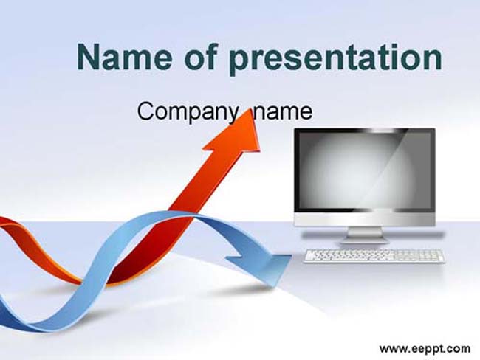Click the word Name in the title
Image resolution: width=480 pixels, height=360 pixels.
(123, 58)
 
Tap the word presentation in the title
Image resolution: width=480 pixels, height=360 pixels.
(336, 59)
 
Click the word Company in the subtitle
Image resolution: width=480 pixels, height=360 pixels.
(188, 112)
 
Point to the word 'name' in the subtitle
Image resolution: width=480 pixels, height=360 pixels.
(283, 113)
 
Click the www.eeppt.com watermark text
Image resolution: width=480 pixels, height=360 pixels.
(425, 349)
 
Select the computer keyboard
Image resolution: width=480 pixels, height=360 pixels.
(375, 256)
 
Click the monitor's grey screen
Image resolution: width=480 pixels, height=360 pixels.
(365, 170)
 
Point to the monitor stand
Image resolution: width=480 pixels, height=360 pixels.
(365, 235)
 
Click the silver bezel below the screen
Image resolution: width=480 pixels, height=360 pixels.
(364, 219)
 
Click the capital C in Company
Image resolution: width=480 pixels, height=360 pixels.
(145, 111)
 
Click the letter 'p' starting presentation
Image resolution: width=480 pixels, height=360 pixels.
(239, 62)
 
